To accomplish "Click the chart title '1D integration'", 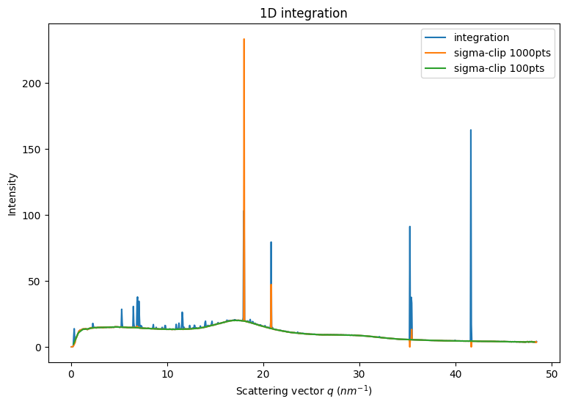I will [304, 13].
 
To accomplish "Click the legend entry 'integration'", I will [481, 37].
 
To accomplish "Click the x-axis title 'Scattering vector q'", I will [304, 391].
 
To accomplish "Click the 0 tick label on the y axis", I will [40, 347].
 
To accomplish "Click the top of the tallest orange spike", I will [244, 40].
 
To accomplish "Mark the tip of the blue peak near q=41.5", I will [470, 131].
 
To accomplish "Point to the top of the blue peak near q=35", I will [409, 227].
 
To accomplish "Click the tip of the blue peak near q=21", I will [271, 242].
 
